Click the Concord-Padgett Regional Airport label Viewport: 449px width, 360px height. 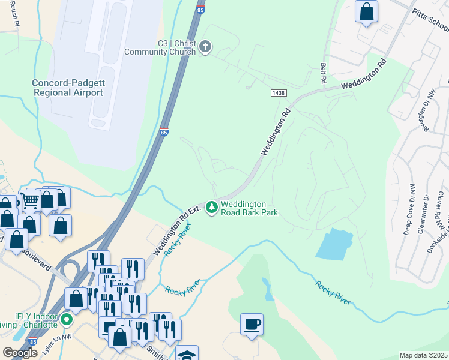pos(68,88)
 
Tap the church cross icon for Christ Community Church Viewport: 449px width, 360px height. pos(205,47)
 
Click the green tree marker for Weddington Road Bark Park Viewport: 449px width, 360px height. pos(211,208)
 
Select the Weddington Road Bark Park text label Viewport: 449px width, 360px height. pos(249,208)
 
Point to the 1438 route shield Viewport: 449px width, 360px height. pos(278,93)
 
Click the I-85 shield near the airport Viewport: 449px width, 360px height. pos(164,132)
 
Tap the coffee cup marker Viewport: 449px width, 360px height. pos(252,325)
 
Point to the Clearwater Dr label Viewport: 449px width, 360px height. pos(426,214)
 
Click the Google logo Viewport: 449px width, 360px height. pos(20,353)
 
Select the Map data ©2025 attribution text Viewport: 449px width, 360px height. pos(424,355)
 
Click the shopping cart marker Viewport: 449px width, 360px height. pos(31,201)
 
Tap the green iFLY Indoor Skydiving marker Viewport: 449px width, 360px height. pos(67,319)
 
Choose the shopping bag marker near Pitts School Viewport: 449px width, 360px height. pos(366,10)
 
